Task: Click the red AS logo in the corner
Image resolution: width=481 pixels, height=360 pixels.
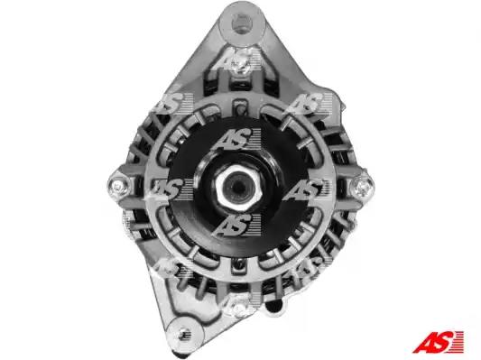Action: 438,342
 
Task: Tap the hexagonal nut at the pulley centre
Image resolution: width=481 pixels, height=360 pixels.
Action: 238,187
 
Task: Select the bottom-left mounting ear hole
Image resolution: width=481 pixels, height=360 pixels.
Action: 184,333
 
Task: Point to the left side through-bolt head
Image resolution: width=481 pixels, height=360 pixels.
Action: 118,186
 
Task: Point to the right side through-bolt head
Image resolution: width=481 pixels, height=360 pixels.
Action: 362,186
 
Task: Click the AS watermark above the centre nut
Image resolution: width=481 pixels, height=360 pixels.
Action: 236,139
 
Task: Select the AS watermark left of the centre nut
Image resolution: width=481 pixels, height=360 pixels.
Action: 169,189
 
